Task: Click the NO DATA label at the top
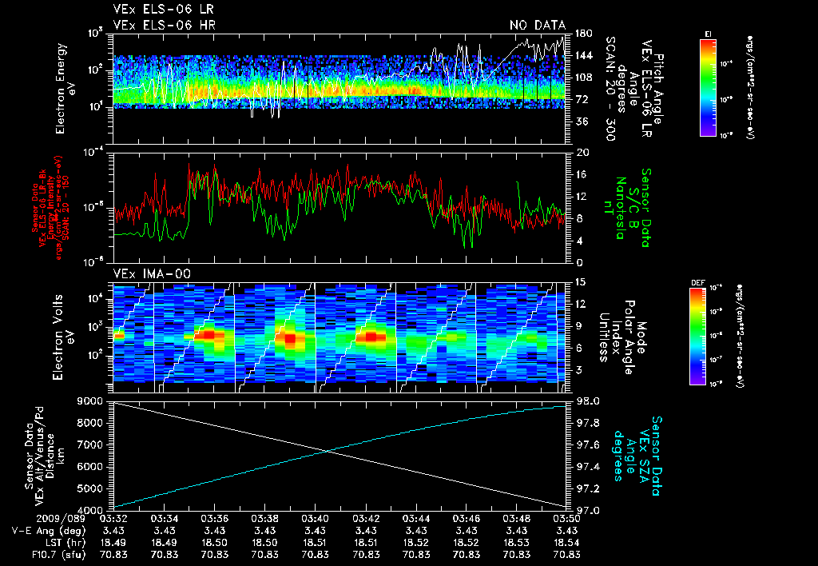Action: coord(538,26)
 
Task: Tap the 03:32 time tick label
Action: coord(113,519)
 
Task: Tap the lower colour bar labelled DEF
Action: coord(697,337)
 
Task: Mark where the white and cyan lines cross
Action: coord(328,452)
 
